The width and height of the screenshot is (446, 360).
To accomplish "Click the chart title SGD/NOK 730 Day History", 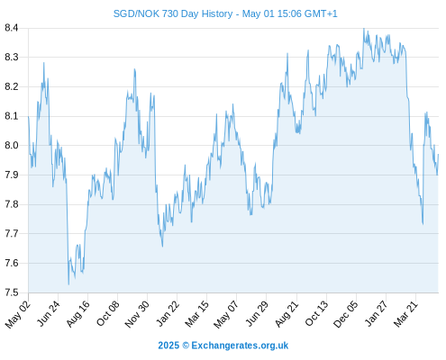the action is (x=173, y=13).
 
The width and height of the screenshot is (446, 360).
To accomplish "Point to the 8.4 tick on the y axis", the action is (x=12, y=28).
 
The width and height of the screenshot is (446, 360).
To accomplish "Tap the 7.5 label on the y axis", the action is (x=12, y=292).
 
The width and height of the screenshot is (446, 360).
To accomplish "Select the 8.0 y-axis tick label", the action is (x=12, y=146).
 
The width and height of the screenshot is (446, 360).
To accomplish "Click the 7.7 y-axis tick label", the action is (x=12, y=233).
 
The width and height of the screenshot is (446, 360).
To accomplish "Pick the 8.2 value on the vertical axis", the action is (x=12, y=87).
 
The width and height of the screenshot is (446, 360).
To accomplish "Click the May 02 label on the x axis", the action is (x=18, y=314).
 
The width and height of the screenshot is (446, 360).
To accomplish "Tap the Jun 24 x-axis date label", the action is (x=49, y=314).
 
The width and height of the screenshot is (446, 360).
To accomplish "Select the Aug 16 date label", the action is (x=78, y=314).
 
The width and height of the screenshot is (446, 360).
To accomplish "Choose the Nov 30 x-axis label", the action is (x=137, y=314).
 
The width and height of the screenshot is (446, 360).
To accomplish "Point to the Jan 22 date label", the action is (x=168, y=314).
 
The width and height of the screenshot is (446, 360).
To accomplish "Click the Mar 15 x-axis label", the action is (x=196, y=314).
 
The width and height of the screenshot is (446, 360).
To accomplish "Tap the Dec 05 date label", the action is (x=346, y=314).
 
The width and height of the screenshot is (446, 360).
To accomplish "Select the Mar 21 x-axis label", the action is (x=405, y=314).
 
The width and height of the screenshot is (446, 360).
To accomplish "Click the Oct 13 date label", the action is (x=317, y=314).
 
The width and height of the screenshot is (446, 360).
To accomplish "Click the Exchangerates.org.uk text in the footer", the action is (x=240, y=346).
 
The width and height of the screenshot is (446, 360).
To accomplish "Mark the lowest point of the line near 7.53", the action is (x=68, y=284).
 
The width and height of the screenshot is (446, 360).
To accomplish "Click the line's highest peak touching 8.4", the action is (x=364, y=29).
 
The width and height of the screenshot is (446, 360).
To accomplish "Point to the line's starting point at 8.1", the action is (x=29, y=116).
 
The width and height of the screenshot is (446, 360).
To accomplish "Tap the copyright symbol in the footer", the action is (x=186, y=346).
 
